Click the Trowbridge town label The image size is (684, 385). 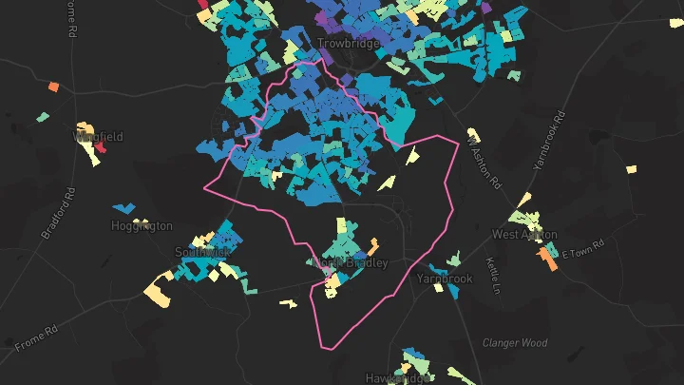(x=348, y=43)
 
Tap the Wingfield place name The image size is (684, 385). (x=99, y=137)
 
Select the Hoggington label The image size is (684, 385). (x=142, y=226)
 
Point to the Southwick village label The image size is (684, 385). (x=201, y=252)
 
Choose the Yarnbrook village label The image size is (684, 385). (x=444, y=279)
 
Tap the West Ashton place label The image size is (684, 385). (x=524, y=234)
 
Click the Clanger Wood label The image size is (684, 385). (x=515, y=342)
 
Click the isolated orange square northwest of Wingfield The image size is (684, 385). (x=53, y=87)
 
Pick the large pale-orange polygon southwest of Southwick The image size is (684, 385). (x=160, y=287)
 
